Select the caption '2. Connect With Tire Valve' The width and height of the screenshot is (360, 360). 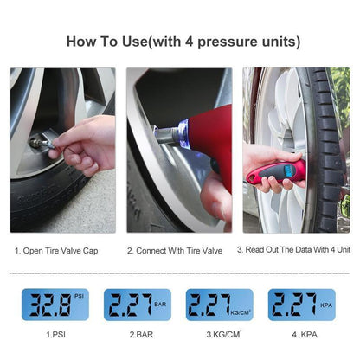179,250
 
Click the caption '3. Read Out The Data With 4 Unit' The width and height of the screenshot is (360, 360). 293,250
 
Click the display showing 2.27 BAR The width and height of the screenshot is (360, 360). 138,305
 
